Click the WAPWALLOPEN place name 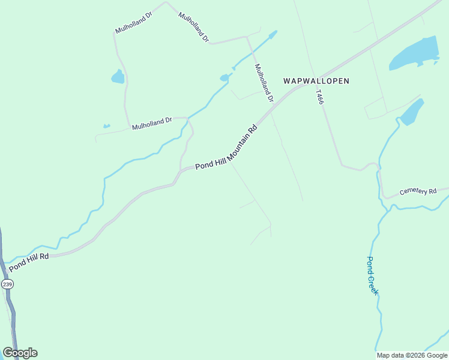316,80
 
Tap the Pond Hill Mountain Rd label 226,147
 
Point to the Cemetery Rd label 418,191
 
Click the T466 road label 319,98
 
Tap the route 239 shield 7,284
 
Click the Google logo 20,353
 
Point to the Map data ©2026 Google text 412,355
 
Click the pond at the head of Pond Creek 412,112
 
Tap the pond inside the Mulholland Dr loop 118,77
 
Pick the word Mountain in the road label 238,139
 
